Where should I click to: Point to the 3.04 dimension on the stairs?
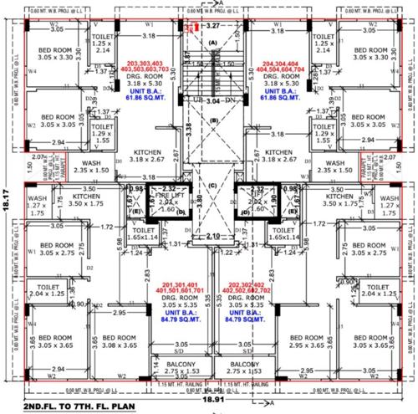212,101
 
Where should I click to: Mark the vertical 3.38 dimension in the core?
190,132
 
